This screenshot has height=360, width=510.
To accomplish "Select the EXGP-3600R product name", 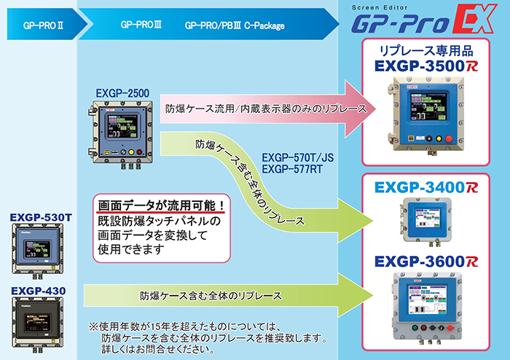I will pos(426,261).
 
